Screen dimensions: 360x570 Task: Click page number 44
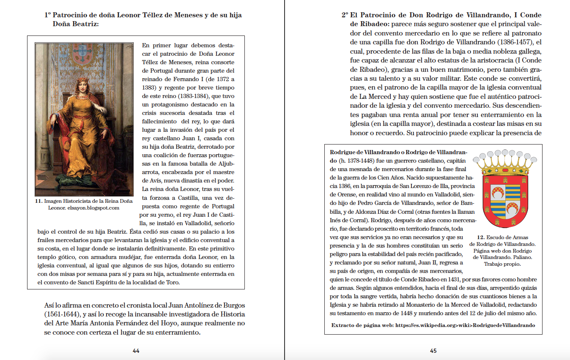click(x=136, y=350)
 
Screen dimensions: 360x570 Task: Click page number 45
click(x=433, y=350)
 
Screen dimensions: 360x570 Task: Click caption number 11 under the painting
click(x=38, y=201)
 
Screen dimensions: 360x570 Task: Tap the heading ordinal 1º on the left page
click(x=48, y=15)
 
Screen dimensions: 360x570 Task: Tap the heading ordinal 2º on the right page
click(x=345, y=15)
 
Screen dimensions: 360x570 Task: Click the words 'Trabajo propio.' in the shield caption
click(x=502, y=264)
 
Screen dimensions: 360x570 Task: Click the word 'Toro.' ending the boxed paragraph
click(x=173, y=283)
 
